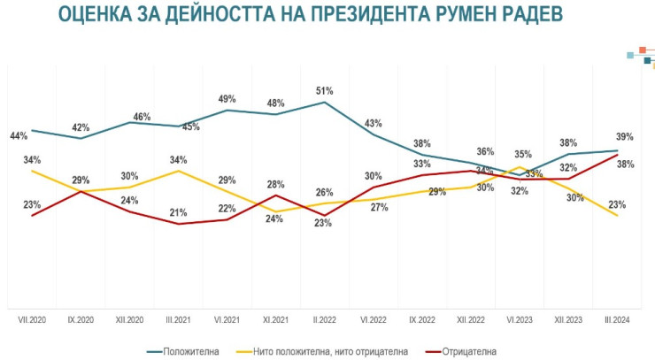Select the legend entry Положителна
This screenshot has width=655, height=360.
[193, 350]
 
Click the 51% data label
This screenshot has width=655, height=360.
[324, 91]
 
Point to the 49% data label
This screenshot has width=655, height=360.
[227, 99]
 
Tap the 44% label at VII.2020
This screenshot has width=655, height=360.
[19, 135]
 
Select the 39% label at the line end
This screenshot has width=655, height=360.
[625, 137]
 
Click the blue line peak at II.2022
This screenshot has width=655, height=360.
[325, 103]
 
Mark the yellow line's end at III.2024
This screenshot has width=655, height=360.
[616, 215]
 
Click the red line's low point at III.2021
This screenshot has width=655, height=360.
[179, 224]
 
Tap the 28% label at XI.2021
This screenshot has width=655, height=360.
[275, 185]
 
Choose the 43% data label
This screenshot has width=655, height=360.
[373, 123]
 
